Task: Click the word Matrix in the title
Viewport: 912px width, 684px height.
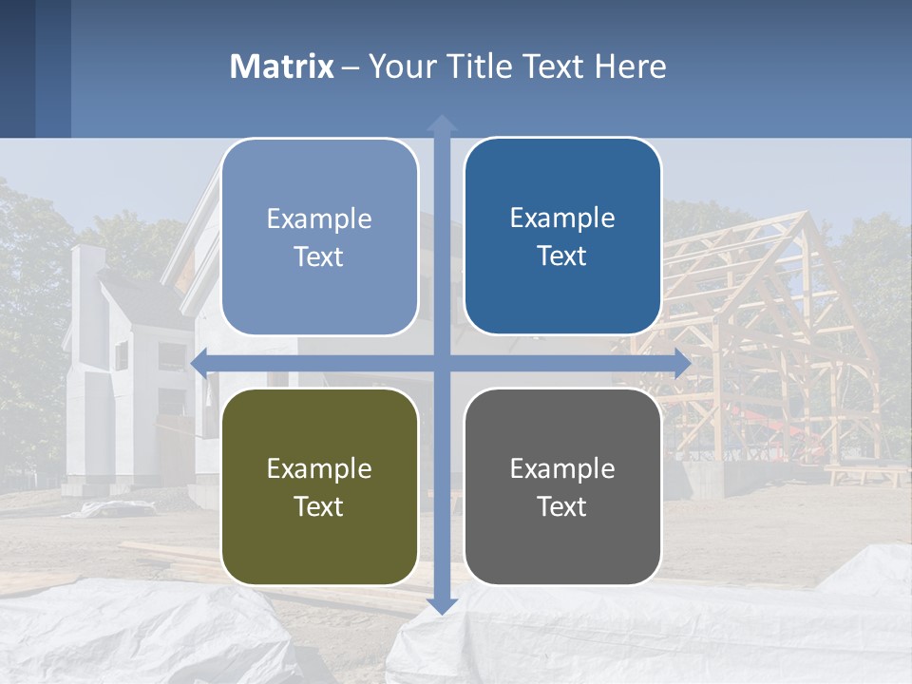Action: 282,66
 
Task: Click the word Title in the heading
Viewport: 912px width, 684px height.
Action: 479,66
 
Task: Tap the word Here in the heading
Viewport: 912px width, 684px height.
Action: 630,66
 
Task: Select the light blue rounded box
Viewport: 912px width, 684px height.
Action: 319,237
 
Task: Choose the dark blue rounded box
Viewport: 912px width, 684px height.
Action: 562,237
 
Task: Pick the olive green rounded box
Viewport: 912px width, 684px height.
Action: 319,486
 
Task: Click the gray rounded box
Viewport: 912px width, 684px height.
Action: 562,486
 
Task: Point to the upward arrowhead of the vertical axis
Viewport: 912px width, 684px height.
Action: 442,123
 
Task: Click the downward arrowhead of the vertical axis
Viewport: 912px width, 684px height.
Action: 442,605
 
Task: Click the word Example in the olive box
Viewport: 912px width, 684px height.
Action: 319,468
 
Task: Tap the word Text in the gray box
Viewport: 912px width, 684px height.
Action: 562,506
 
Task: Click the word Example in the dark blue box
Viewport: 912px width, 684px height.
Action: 562,218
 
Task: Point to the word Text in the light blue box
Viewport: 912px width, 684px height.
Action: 319,256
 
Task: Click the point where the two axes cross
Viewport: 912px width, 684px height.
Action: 442,362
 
